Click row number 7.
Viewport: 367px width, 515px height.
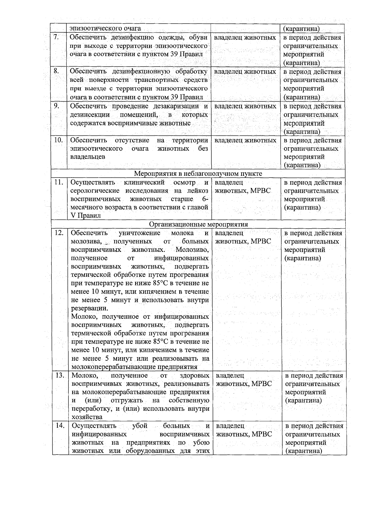pyautogui.click(x=56, y=37)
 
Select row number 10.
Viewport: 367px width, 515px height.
pyautogui.click(x=58, y=140)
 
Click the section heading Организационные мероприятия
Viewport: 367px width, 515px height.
pyautogui.click(x=198, y=224)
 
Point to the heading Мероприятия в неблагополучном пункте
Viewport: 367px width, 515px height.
pyautogui.click(x=198, y=174)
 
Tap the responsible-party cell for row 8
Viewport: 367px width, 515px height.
pyautogui.click(x=245, y=72)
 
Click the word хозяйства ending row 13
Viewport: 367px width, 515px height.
pyautogui.click(x=87, y=417)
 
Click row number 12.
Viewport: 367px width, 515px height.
pyautogui.click(x=59, y=233)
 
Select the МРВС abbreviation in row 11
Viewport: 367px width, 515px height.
pyautogui.click(x=260, y=191)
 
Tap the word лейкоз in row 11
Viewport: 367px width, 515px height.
pyautogui.click(x=198, y=191)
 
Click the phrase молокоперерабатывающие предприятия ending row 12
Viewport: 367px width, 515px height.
pyautogui.click(x=134, y=366)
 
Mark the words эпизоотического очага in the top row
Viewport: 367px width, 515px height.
pyautogui.click(x=105, y=28)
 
